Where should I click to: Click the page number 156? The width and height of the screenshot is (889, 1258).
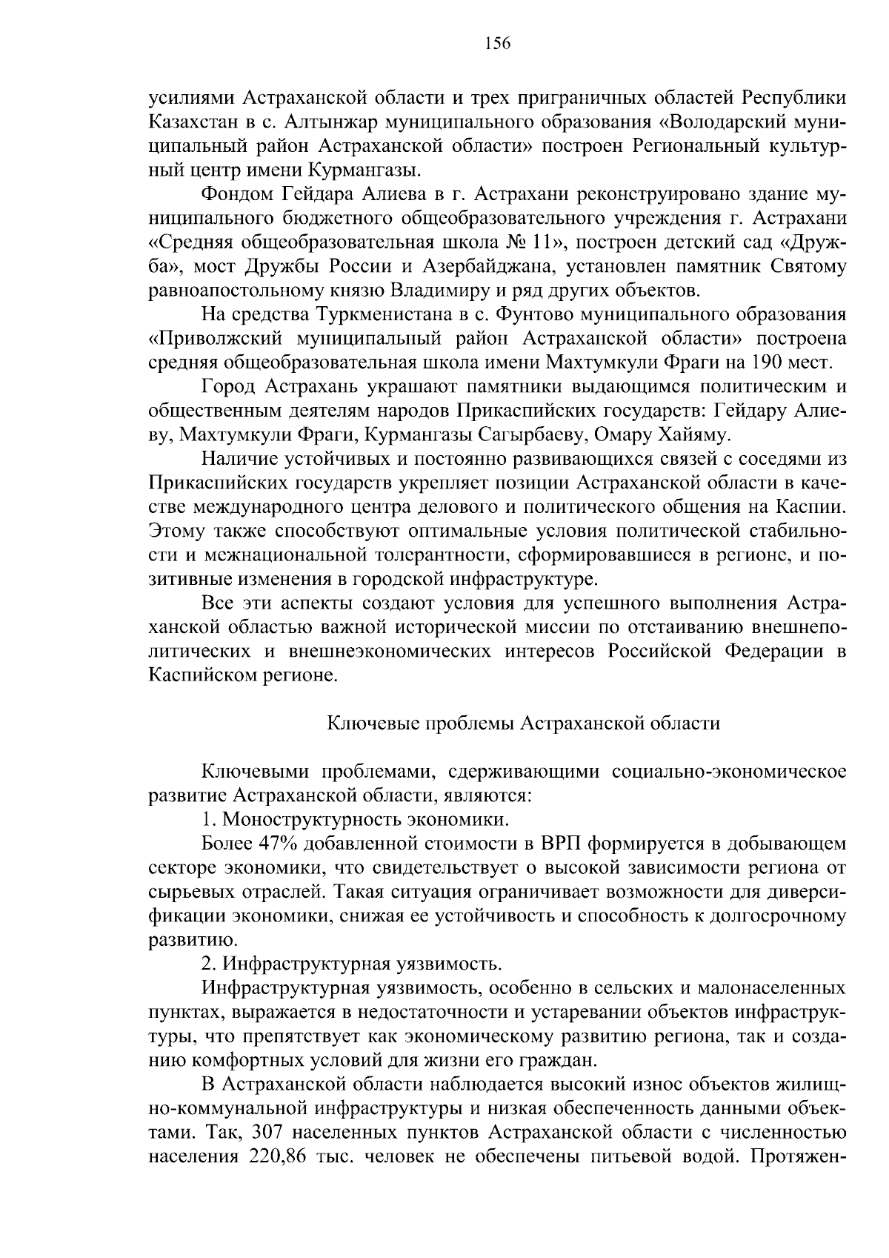pyautogui.click(x=498, y=44)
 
